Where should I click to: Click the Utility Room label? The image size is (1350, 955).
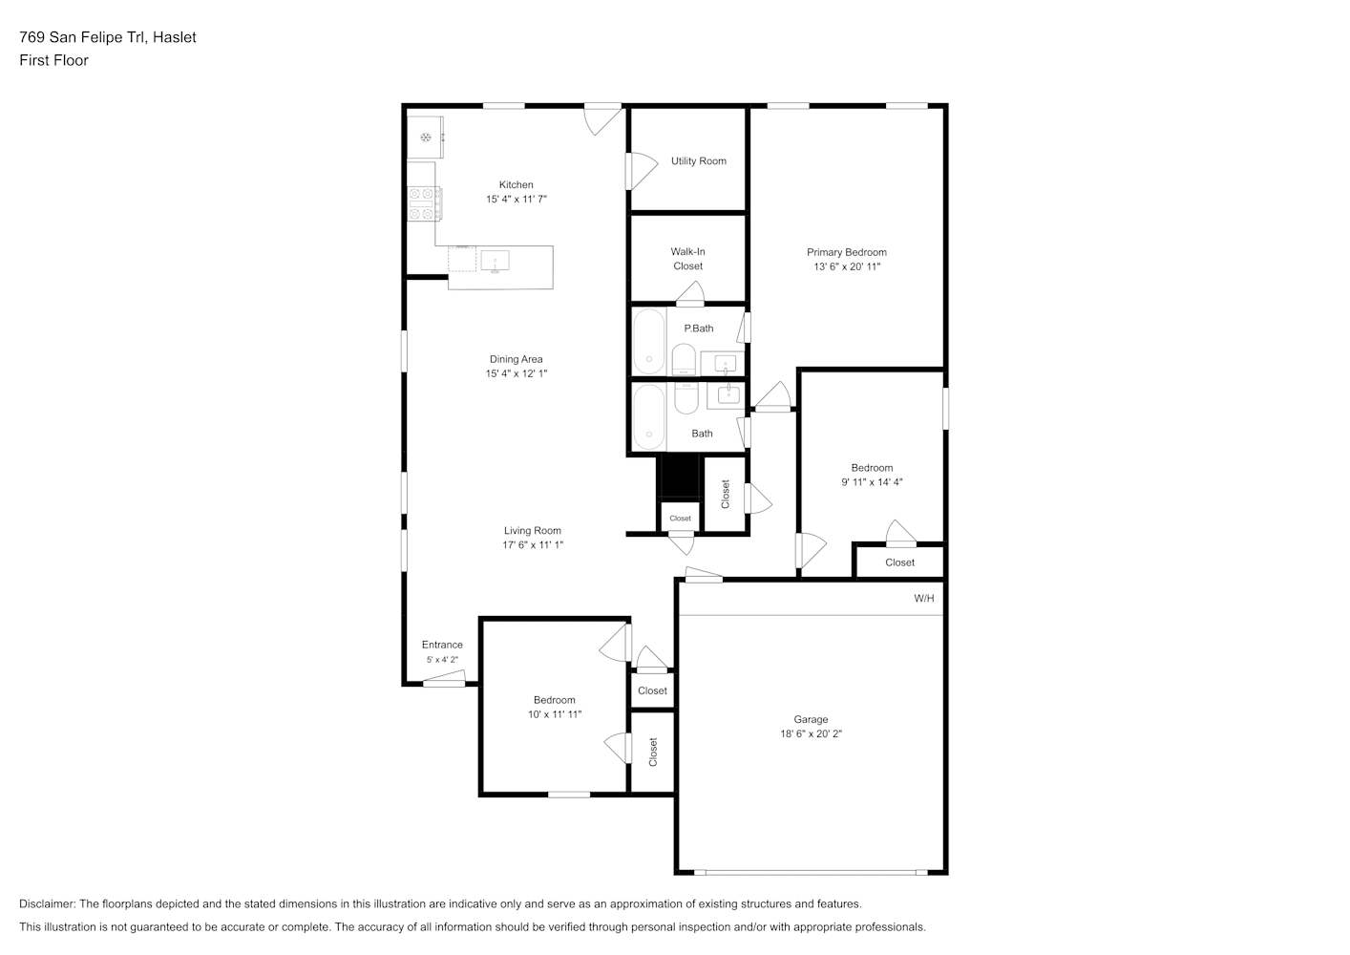pos(699,161)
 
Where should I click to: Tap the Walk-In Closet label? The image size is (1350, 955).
pos(687,259)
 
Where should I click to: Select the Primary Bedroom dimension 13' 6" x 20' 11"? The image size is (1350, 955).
pos(847,266)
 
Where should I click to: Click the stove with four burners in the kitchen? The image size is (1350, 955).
pos(425,203)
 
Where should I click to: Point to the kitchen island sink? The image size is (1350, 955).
pos(495,261)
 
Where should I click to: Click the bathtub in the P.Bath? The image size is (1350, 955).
pos(649,342)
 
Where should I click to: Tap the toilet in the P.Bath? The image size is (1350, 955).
pos(684,360)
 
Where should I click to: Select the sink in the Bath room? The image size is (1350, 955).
pos(728,395)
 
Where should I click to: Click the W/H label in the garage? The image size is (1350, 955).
pos(924,598)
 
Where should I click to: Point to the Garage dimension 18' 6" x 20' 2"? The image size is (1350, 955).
pos(811,733)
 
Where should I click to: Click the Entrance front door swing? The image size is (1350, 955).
pos(444,679)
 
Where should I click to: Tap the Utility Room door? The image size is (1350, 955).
pos(642,171)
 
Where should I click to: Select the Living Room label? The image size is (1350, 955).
pos(532,531)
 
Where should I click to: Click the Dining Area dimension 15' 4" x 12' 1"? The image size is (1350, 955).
pos(517,373)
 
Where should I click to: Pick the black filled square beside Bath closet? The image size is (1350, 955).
pos(680,477)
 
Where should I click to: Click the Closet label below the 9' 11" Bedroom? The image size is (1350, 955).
pos(899,562)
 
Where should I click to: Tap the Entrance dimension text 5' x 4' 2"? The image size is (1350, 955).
pos(442,660)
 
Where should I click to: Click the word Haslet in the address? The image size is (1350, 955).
pos(174,37)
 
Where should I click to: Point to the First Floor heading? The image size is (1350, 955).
pos(53,60)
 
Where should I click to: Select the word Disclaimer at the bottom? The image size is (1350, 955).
pos(48,903)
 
